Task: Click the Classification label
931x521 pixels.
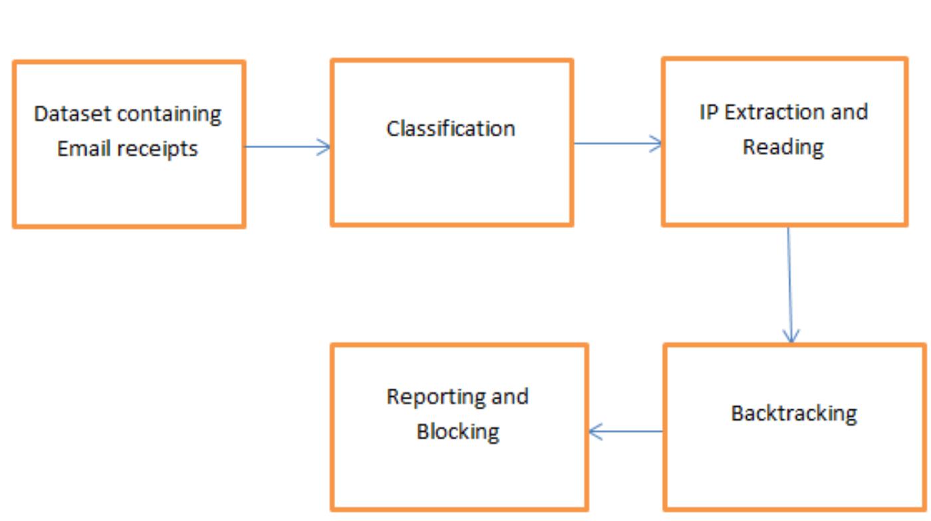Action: click(451, 128)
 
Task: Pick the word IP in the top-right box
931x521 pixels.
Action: click(709, 112)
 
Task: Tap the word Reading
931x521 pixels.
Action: click(783, 147)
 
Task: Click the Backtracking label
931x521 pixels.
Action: click(794, 413)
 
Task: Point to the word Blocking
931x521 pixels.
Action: click(458, 431)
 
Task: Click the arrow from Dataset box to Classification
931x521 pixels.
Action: click(287, 147)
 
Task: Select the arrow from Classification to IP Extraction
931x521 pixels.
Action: click(617, 143)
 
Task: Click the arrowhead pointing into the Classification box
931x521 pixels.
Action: click(324, 147)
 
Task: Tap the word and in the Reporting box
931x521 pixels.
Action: click(509, 397)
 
